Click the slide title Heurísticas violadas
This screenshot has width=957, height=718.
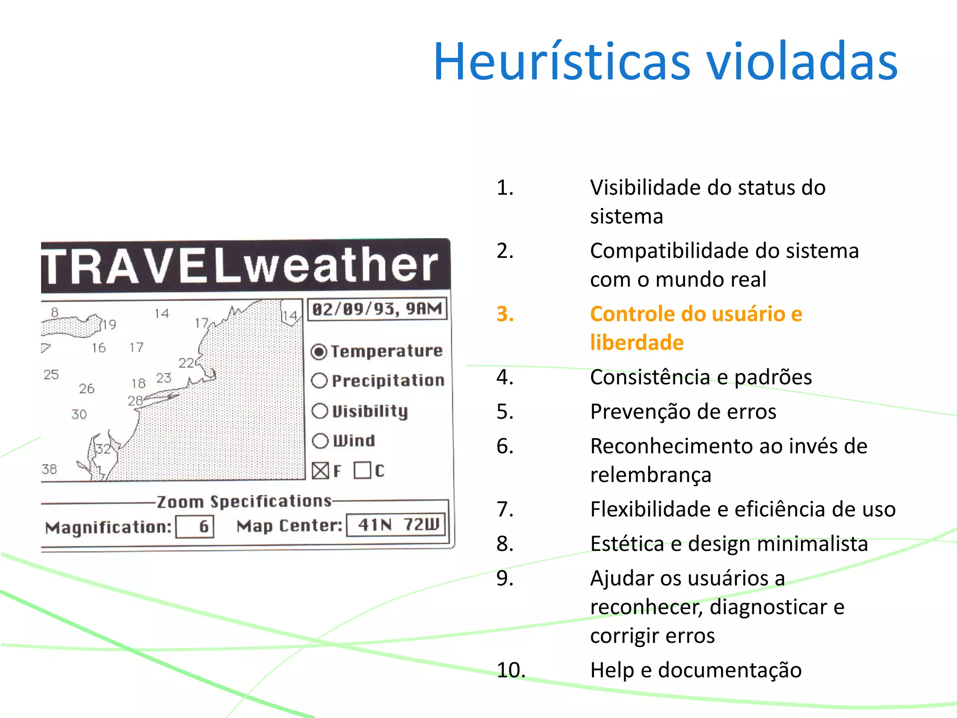point(665,62)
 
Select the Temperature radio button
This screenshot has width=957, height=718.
point(319,352)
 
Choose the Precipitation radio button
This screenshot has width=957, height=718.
point(319,381)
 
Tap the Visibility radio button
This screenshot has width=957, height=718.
point(320,411)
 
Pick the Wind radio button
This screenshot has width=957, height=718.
point(320,441)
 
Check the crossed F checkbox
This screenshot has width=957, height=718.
point(321,471)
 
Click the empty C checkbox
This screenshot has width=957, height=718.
point(362,470)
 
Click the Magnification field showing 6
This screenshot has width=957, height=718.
point(195,527)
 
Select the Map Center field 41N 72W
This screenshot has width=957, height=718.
point(396,525)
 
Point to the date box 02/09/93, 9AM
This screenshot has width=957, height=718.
point(377,309)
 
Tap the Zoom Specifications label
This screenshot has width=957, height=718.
point(244,502)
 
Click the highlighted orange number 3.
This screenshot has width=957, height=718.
point(505,314)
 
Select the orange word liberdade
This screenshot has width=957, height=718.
point(637,343)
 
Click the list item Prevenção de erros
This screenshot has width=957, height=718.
point(683,412)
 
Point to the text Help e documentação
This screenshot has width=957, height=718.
point(695,670)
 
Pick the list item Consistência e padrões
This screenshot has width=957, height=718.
point(700,377)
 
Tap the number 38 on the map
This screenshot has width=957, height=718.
point(50,469)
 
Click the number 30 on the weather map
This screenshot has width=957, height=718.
point(79,414)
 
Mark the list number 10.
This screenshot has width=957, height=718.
point(511,670)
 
